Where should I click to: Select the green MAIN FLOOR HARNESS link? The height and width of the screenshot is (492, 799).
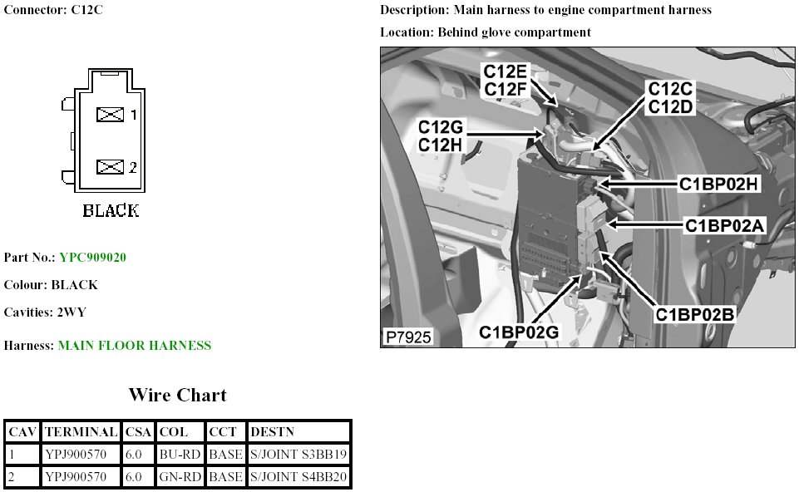coord(135,346)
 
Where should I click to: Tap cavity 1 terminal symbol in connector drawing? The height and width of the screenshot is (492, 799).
coord(110,115)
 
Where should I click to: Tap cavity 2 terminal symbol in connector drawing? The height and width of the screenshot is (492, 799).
coord(110,167)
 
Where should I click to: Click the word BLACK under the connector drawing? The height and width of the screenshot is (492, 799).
coord(111,211)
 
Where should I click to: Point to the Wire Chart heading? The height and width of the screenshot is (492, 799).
coord(177,395)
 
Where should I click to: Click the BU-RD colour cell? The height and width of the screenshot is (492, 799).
coord(180,455)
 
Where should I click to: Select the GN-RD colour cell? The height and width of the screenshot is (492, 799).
coord(180,477)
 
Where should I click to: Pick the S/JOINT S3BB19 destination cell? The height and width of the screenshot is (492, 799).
coord(298,455)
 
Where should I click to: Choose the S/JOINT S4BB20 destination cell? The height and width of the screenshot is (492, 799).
coord(298,477)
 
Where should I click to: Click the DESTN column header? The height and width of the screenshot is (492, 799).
coord(271,432)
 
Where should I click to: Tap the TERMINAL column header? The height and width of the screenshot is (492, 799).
coord(81,432)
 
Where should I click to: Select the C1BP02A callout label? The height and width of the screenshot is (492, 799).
coord(724,225)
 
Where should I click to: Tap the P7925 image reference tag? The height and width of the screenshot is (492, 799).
coord(408,337)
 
